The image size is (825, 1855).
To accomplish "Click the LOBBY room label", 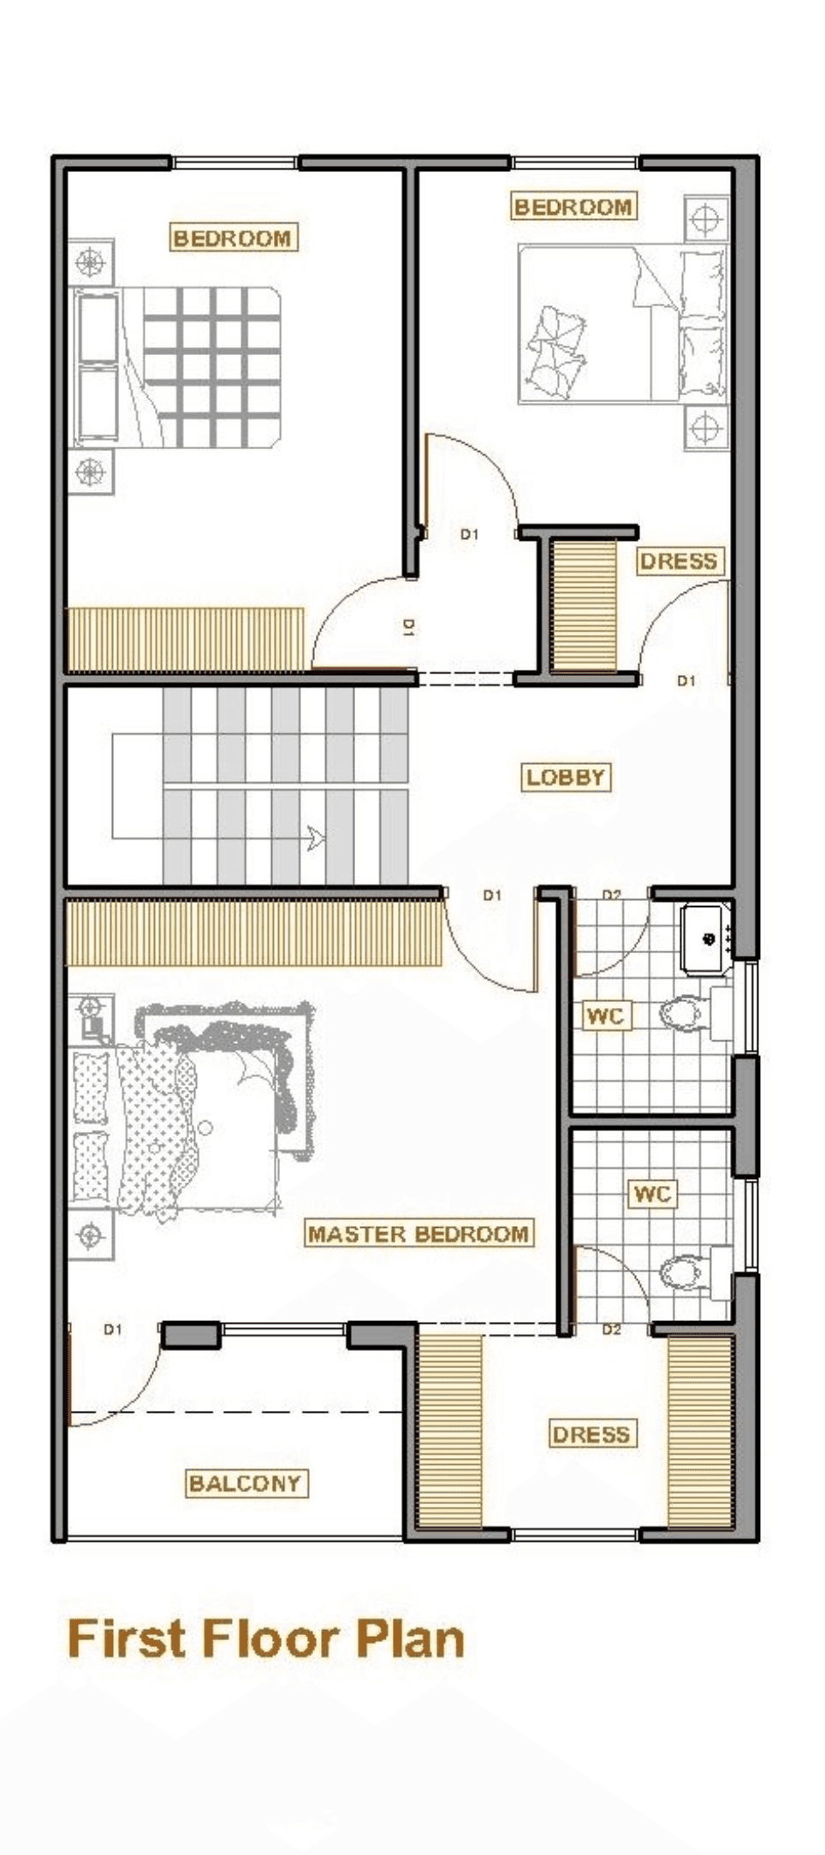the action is coord(566,777).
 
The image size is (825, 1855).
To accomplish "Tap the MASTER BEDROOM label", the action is coord(418,1234).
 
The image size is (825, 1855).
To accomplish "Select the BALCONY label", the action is coord(246,1483).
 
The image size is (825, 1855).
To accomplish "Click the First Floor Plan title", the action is coord(265,1639).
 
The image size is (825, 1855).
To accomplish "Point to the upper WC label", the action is coord(605,1016).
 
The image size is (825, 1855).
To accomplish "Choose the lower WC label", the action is coord(653,1194).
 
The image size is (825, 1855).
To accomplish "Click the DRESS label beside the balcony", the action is coord(591,1435).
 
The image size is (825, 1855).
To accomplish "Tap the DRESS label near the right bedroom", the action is coord(679,561).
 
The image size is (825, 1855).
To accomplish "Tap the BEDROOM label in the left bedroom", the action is coord(233,238).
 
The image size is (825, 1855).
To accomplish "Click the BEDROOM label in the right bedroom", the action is coord(573,206).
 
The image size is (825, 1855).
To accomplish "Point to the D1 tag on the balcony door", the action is coord(113,1329).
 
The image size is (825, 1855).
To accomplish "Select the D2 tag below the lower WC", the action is coord(611,1329).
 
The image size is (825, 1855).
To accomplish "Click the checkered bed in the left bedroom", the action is coord(177,367).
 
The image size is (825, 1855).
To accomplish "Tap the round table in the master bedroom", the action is coord(205,1128).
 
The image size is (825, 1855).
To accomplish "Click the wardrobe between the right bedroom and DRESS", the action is coord(584,604).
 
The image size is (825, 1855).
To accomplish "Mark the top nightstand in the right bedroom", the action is coord(706,220).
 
